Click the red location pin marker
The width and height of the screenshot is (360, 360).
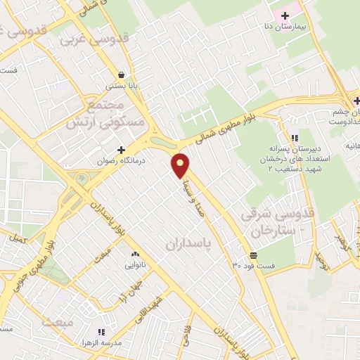[x=181, y=165]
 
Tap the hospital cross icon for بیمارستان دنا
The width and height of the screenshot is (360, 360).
[x=285, y=15]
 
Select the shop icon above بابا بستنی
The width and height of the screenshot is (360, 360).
[x=122, y=74]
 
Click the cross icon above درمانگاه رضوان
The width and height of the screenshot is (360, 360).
[x=122, y=150]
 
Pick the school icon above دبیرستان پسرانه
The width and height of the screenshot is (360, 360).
[x=294, y=137]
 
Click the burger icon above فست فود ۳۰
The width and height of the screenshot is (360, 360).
[x=253, y=255]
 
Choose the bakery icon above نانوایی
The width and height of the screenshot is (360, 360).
[x=135, y=254]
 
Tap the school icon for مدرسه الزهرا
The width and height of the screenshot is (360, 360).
[x=101, y=331]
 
